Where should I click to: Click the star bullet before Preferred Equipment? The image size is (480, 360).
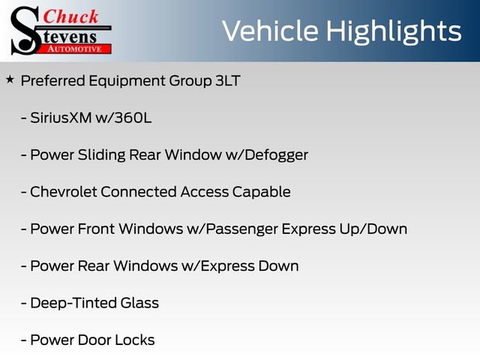click(10, 79)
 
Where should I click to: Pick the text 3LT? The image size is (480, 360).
click(227, 81)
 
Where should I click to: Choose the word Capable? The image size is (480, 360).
click(264, 192)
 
